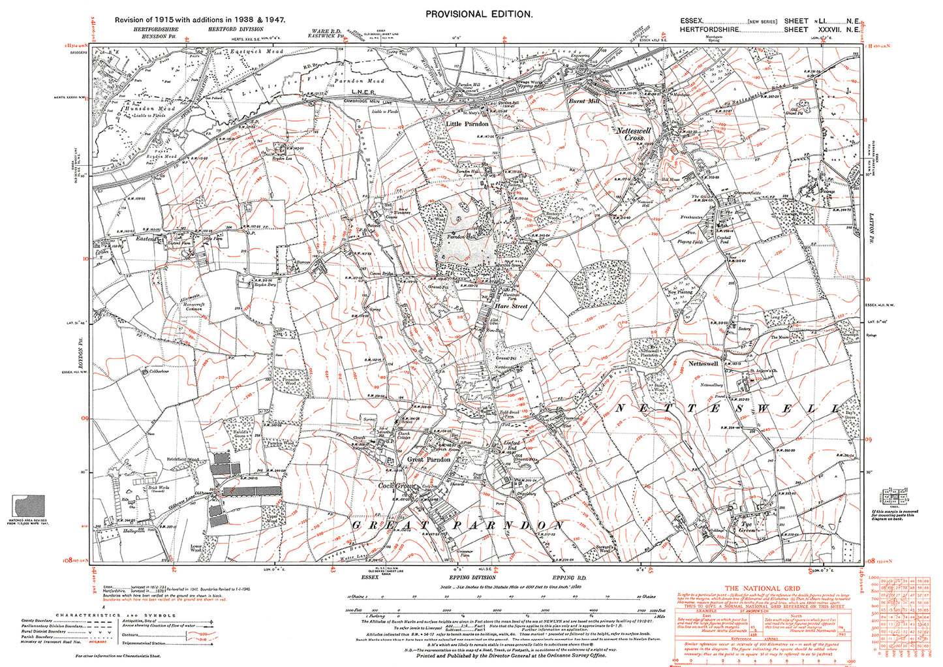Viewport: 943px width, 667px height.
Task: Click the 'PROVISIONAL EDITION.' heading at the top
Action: point(479,14)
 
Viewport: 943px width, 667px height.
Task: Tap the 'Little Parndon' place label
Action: point(467,124)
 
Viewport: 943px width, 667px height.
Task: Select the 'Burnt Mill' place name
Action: point(583,102)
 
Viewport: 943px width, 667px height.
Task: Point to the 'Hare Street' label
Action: point(511,306)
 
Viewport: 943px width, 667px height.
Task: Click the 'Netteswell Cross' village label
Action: point(634,134)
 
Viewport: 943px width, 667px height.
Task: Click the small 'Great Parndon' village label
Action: point(429,459)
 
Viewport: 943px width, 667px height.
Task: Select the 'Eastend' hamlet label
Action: point(146,240)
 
